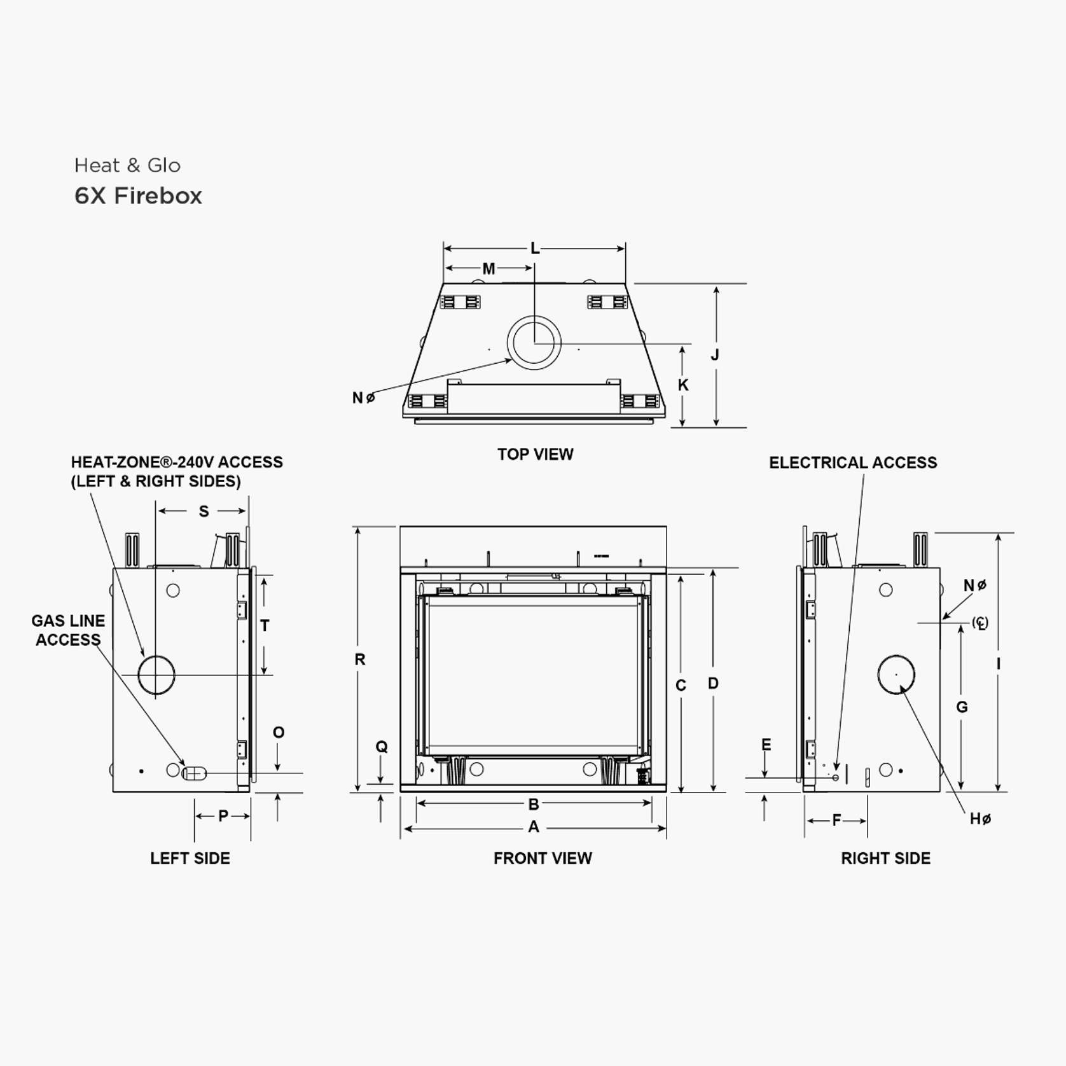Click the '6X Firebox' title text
coord(138,196)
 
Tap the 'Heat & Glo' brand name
coord(127,165)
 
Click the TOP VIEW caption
coord(535,454)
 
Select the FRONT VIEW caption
coord(543,858)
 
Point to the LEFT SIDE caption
coord(190,858)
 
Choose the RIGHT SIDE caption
coord(885,858)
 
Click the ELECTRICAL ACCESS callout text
coord(852,462)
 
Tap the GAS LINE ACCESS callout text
coord(68,630)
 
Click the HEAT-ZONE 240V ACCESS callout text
coord(176,471)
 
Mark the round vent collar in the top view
coord(534,342)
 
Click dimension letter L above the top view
coord(535,249)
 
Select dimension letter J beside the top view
coord(715,355)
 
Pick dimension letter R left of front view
coord(360,660)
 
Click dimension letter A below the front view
coord(534,827)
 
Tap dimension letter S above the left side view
coord(204,511)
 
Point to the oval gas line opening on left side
coord(194,773)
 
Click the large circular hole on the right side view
coord(896,674)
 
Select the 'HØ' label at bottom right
coord(979,819)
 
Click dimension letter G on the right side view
coord(962,707)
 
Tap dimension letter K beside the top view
coord(683,385)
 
